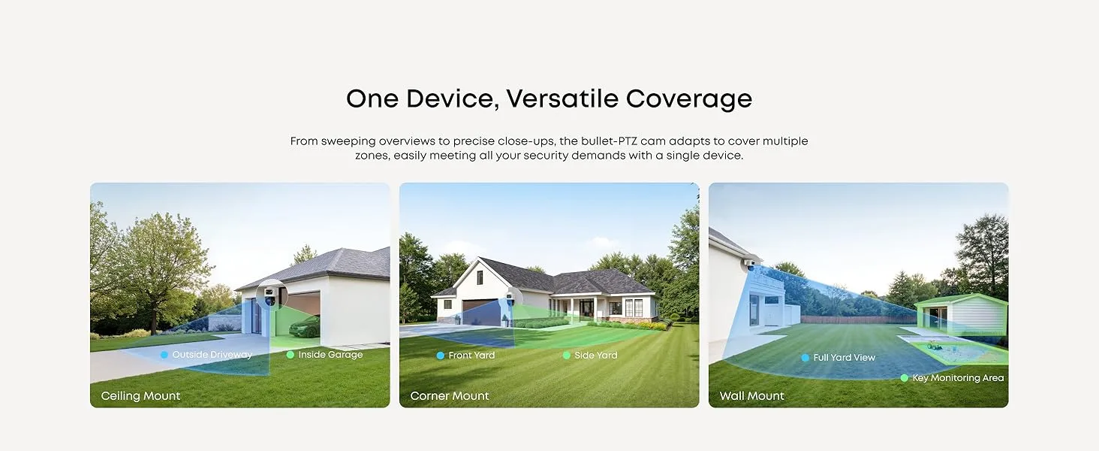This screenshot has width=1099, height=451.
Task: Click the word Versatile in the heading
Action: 562,98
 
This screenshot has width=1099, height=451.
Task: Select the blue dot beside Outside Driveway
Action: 164,355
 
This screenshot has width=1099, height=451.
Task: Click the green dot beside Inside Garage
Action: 291,355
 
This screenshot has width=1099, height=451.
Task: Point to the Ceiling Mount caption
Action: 141,396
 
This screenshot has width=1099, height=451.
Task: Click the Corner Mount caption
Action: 450,396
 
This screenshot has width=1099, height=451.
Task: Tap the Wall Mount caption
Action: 751,396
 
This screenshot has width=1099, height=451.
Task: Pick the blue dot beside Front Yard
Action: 440,356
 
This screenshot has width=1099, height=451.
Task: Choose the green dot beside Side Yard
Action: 566,356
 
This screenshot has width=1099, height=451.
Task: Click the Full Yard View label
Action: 844,358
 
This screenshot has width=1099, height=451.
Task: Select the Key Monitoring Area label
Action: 958,378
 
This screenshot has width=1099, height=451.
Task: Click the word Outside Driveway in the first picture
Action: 212,355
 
